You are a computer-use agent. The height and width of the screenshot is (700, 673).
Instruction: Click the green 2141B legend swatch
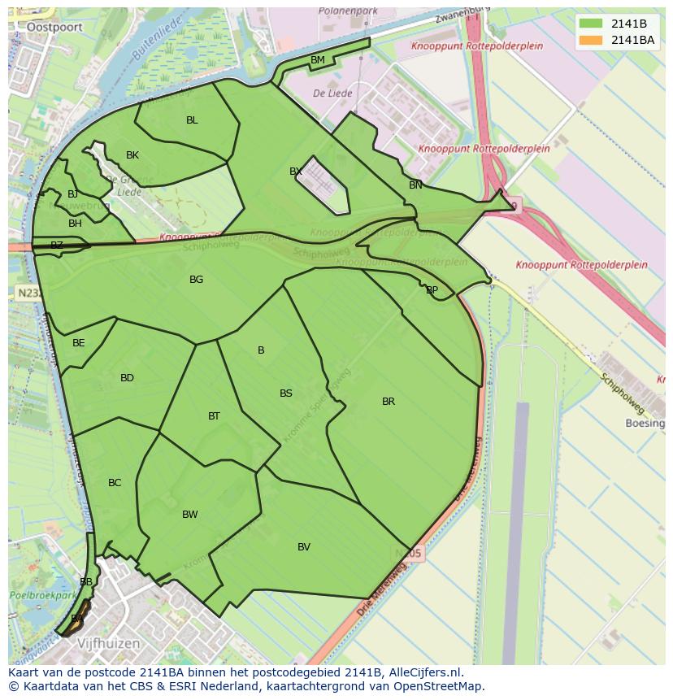[x=592, y=24]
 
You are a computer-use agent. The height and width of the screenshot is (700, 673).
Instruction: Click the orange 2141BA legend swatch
[x=592, y=40]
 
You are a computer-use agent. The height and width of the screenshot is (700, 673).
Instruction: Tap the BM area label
[x=318, y=60]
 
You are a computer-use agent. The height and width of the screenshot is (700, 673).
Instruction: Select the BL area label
[x=192, y=120]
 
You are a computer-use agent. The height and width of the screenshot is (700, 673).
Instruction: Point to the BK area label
[x=132, y=155]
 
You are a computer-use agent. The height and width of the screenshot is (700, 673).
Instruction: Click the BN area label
[x=415, y=185]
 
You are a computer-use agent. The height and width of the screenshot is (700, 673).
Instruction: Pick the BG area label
[x=196, y=280]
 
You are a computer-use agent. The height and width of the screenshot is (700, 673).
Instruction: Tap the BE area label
[x=78, y=343]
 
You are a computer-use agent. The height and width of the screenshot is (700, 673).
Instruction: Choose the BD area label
[x=127, y=378]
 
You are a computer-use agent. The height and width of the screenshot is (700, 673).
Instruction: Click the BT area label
[x=214, y=416]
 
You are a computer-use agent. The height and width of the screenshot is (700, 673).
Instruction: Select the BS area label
[x=286, y=393]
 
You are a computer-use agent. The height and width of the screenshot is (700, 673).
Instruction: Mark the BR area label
[x=389, y=402]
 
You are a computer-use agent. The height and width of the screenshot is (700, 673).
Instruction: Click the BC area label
[x=115, y=483]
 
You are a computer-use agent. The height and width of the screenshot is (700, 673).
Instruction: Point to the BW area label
[x=189, y=515]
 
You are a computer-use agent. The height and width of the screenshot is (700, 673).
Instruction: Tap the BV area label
[x=304, y=547]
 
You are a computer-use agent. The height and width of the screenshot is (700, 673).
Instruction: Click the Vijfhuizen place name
[x=108, y=643]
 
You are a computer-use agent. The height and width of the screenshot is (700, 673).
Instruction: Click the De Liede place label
[x=332, y=93]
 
